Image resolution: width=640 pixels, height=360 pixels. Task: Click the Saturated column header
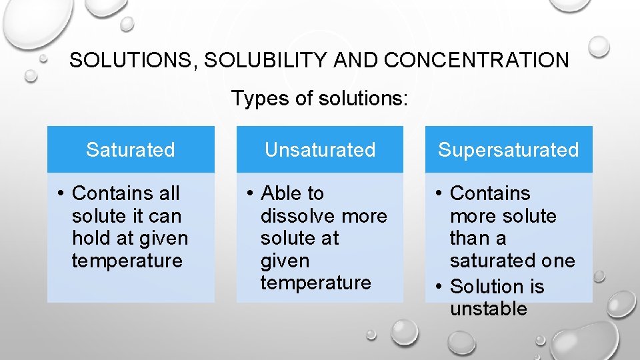(131, 150)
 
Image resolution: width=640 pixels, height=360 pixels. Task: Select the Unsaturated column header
(320, 150)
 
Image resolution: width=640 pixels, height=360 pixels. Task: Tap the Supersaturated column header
(508, 150)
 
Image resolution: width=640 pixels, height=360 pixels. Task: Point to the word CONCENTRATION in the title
(477, 61)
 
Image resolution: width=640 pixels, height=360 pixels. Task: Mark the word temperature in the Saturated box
(127, 261)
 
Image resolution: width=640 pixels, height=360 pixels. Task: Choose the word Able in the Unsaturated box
(280, 193)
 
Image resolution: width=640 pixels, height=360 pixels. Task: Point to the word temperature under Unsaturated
(315, 283)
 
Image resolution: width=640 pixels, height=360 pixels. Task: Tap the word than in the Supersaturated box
(469, 238)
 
